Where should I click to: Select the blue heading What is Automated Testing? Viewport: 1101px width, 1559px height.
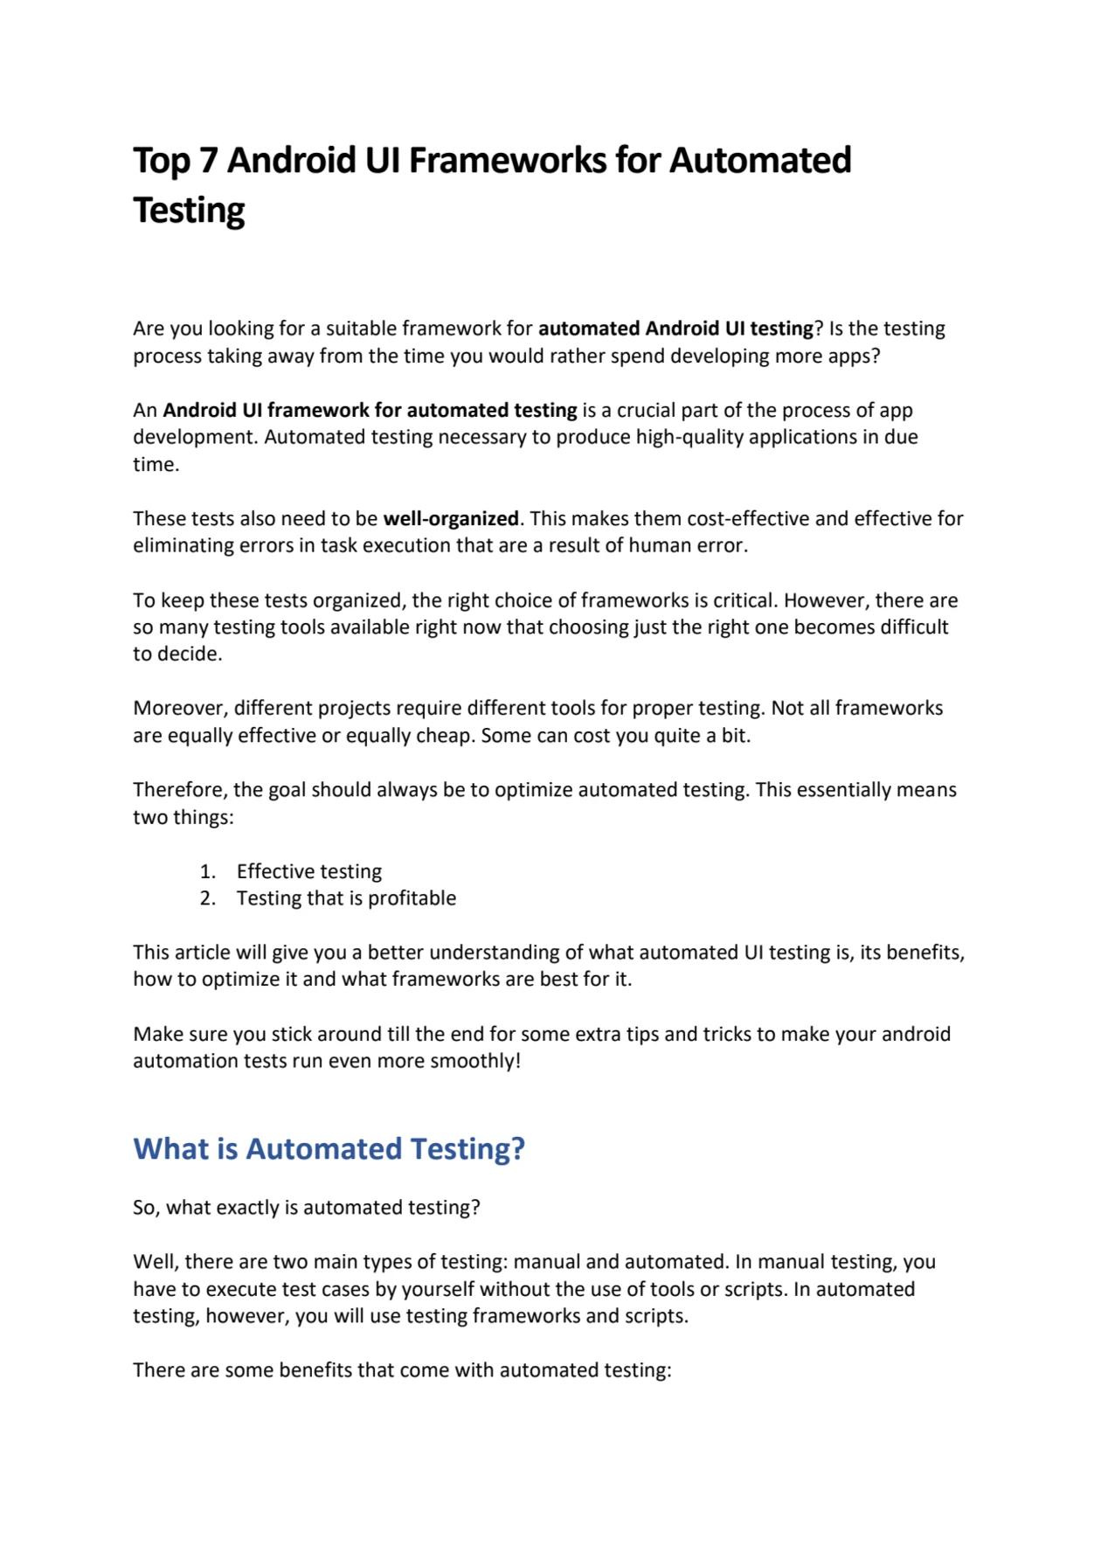[329, 1148]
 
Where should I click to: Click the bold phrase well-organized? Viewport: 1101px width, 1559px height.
[451, 518]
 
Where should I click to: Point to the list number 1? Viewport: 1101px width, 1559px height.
[207, 871]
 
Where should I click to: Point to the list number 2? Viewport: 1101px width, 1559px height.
[207, 898]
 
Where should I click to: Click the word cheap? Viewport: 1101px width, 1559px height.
[444, 735]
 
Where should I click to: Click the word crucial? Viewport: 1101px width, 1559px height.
[646, 410]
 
